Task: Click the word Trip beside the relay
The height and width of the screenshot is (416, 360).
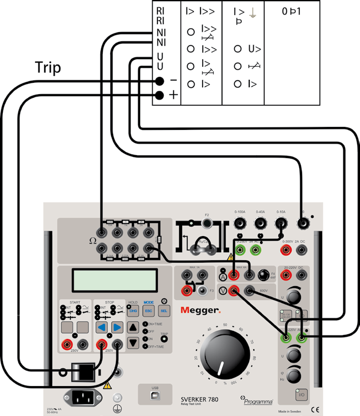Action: [48, 67]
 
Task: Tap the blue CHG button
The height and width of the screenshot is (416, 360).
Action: [133, 311]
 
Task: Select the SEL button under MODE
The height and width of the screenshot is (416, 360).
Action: [164, 311]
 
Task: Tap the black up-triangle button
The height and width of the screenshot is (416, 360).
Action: [133, 328]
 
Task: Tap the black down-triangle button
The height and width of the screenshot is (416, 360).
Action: [133, 343]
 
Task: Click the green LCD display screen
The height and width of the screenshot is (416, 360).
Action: [114, 280]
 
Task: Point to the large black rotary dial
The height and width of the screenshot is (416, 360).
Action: [218, 356]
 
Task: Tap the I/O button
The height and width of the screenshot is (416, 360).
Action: [301, 395]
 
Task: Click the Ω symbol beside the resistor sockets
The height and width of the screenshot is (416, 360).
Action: [92, 240]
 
